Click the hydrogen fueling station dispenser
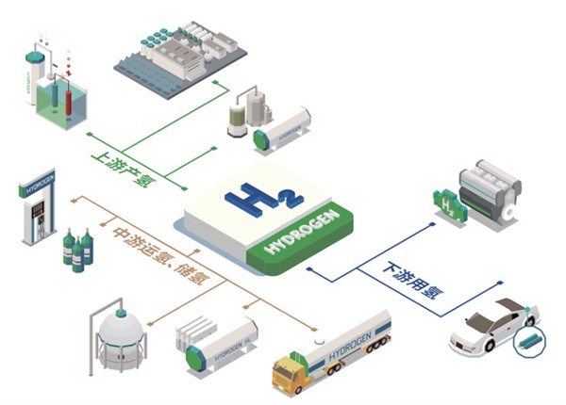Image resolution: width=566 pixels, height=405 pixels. [x=38, y=217]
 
